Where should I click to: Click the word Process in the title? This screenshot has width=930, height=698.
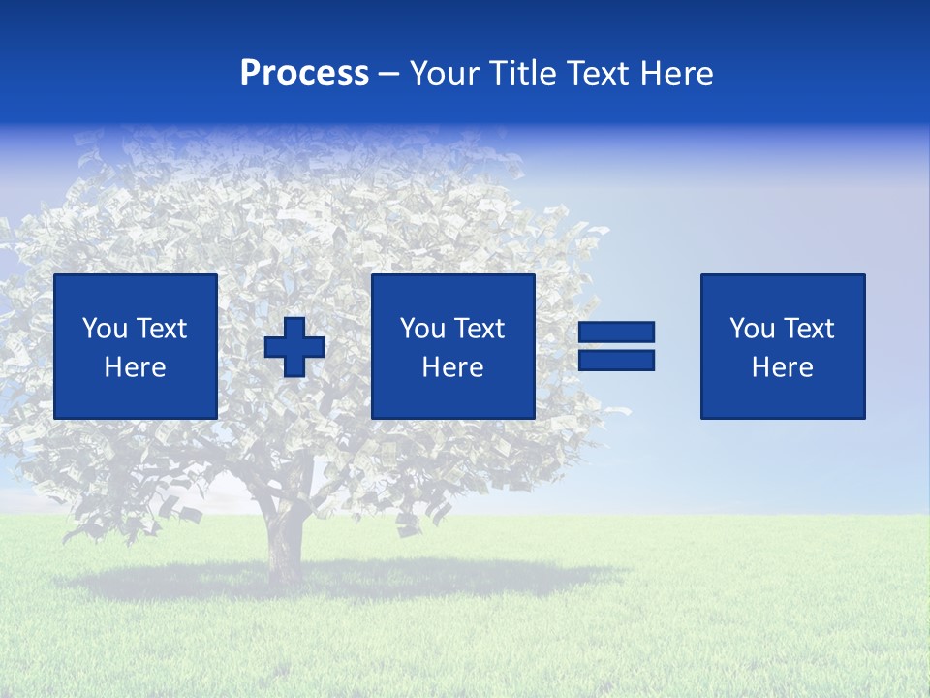pos(304,74)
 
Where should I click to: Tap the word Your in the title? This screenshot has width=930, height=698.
pos(445,74)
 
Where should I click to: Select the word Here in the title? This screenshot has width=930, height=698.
pos(675,74)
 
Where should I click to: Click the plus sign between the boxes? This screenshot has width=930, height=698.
pos(294,347)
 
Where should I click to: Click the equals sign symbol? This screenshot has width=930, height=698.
pos(616,346)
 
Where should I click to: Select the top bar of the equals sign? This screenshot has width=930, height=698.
pos(616,333)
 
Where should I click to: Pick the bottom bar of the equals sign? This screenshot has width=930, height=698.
pos(616,360)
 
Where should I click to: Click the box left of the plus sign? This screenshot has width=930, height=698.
pos(136,346)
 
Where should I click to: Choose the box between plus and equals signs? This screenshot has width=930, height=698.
pos(452,346)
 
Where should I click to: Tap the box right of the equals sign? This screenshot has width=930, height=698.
pos(783,346)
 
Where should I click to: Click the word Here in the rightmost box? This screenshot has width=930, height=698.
pos(782,367)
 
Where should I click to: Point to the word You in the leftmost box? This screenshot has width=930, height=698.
pos(106,329)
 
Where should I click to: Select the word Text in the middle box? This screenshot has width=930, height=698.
pos(480,329)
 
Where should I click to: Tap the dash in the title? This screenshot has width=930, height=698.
pos(389,75)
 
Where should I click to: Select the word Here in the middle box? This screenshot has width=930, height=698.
pos(452,367)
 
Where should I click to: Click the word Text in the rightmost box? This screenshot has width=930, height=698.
pos(809,329)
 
